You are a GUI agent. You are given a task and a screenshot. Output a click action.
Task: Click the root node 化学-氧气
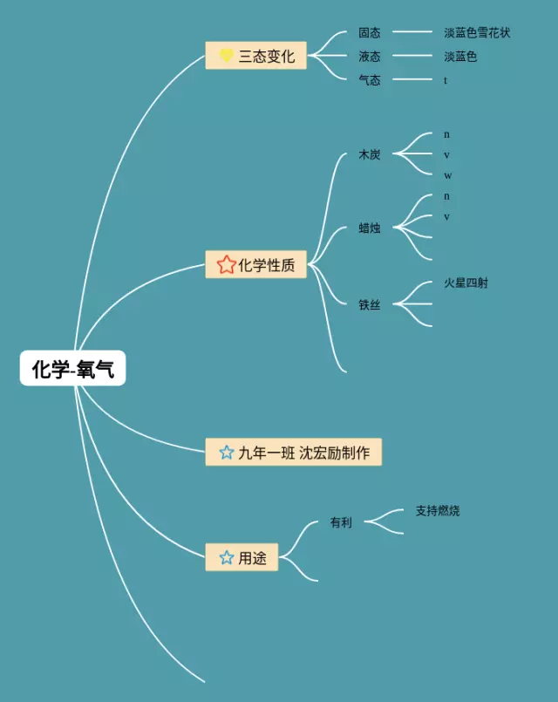(x=73, y=370)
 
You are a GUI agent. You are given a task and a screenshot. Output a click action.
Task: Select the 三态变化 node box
(x=256, y=56)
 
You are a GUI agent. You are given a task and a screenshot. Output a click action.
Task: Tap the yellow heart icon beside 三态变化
(x=226, y=56)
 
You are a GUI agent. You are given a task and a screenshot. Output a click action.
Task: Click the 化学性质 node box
(x=256, y=264)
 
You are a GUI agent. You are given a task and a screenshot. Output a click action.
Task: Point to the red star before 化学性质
(x=226, y=264)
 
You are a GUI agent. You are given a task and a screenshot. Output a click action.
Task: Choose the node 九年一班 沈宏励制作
(x=294, y=453)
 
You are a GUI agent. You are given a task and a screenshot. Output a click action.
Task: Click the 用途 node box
(x=242, y=557)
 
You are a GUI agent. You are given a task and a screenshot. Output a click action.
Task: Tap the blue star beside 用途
(x=227, y=557)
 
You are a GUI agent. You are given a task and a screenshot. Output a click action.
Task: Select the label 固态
(x=370, y=32)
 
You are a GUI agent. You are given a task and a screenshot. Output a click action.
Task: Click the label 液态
(x=370, y=56)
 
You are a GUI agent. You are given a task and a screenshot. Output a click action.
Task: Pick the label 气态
(x=370, y=80)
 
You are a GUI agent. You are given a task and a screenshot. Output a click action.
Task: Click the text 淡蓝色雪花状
(x=477, y=32)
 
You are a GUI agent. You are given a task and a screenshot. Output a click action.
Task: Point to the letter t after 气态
(x=446, y=80)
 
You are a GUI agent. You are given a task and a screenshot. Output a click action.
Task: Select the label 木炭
(x=370, y=154)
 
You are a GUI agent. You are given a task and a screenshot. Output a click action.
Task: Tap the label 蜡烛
(x=370, y=228)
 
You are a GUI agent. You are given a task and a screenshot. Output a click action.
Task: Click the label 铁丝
(x=370, y=304)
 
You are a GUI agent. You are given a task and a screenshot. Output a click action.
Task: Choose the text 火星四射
(x=466, y=283)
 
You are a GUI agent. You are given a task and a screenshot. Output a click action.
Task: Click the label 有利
(x=341, y=522)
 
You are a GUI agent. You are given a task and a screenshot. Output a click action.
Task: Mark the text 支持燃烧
(x=438, y=511)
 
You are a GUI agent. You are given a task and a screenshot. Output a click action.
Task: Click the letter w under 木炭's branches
(x=447, y=175)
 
